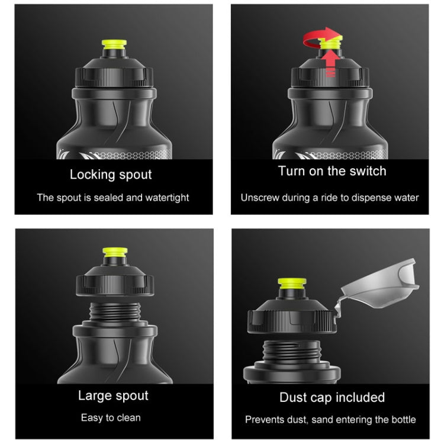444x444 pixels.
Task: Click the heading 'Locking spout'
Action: point(111,175)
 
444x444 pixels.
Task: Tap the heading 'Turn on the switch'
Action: point(332,171)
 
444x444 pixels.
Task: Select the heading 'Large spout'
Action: point(113,395)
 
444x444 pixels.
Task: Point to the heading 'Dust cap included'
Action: point(332,397)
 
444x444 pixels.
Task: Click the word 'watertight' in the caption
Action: point(166,198)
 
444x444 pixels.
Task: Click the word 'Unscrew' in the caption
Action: point(259,198)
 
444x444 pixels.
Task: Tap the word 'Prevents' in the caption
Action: point(265,420)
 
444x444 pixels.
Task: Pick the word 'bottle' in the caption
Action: point(402,420)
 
